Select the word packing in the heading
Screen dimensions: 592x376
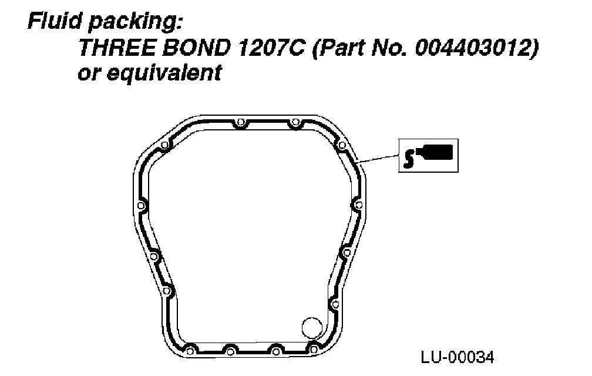[x=135, y=22]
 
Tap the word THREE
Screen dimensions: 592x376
[x=117, y=47]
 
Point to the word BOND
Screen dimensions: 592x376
[x=197, y=47]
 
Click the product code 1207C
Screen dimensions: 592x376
[x=271, y=47]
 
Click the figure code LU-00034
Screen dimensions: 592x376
[x=457, y=357]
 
